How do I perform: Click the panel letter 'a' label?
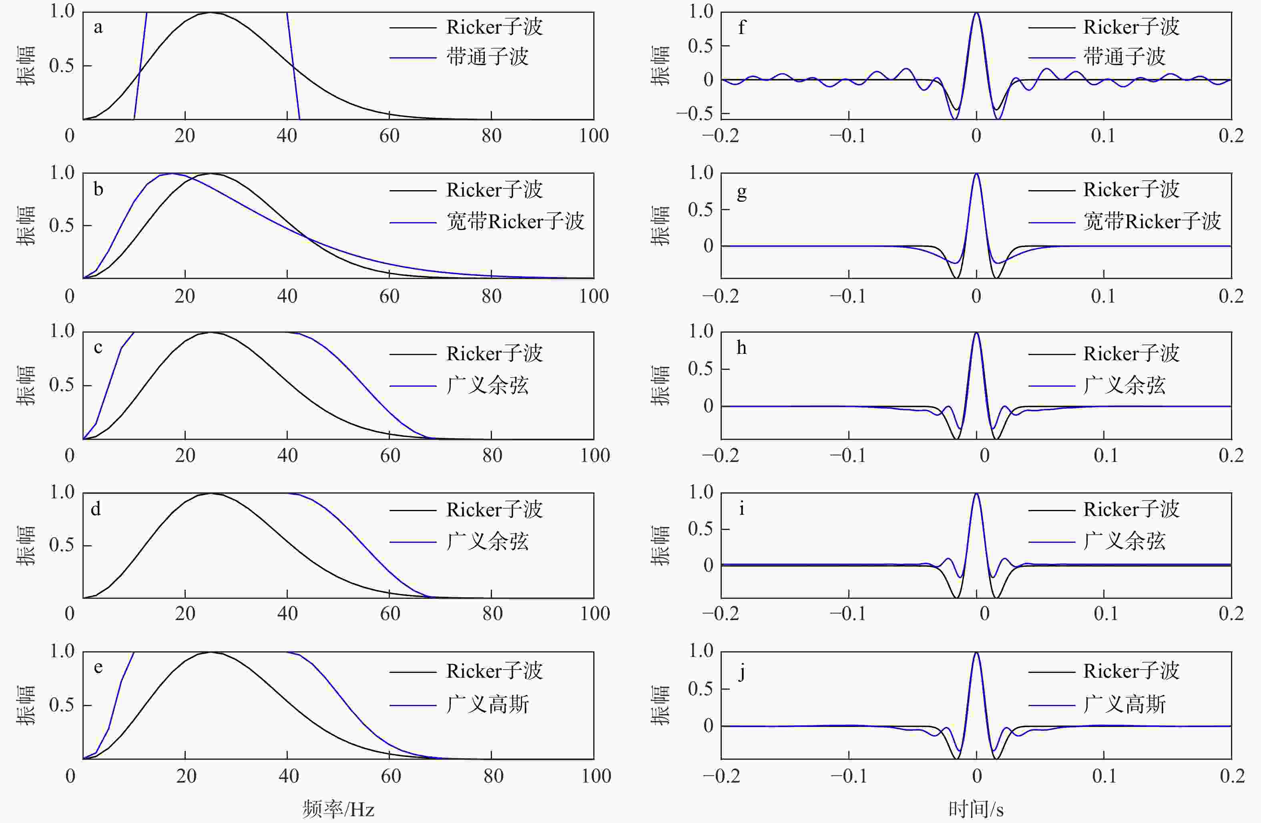[x=98, y=28]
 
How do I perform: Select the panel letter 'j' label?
[x=742, y=672]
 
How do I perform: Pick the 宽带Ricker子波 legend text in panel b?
[x=514, y=221]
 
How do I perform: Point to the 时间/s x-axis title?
[x=976, y=809]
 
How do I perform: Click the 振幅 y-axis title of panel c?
[x=26, y=385]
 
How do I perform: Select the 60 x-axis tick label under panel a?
[x=390, y=136]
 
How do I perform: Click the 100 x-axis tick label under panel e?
[x=596, y=776]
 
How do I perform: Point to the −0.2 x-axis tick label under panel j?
[x=721, y=776]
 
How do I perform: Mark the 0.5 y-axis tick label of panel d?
[x=62, y=545]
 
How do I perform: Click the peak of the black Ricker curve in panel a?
[x=210, y=13]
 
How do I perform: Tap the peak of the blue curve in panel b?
[x=171, y=173]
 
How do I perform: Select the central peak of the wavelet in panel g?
[x=976, y=174]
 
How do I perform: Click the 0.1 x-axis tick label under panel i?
[x=1106, y=614]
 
